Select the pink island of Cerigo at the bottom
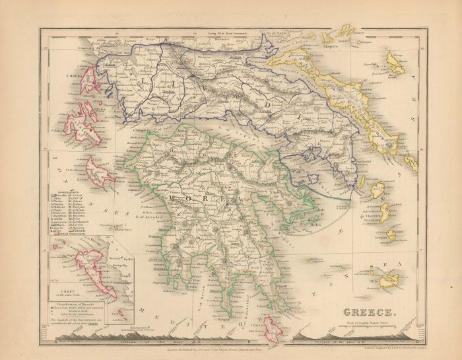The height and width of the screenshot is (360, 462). [x=272, y=328]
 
